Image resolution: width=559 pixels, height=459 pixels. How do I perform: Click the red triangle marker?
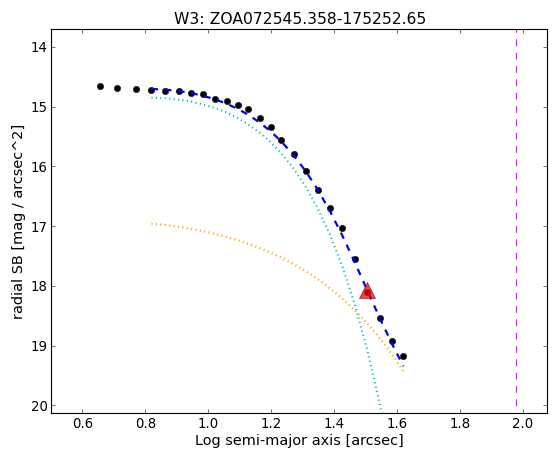point(367,292)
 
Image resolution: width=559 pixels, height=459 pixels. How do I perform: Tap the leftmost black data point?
point(101,86)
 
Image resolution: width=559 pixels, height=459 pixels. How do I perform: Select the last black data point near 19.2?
point(403,356)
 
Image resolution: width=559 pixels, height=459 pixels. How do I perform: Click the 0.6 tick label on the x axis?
point(83,423)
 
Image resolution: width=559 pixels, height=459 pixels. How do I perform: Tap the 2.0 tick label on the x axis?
point(523,423)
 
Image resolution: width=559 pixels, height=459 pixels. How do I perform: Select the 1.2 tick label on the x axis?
point(271,423)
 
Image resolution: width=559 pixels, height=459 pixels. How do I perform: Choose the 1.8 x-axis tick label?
point(460,423)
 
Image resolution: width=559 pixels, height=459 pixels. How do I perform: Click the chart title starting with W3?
point(300,19)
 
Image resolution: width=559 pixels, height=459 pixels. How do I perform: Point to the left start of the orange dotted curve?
point(152,224)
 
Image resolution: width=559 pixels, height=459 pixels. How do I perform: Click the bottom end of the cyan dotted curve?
point(381,409)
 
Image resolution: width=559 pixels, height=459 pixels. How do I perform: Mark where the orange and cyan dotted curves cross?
point(355,310)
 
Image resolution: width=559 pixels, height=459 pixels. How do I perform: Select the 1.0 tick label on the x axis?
point(208,423)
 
